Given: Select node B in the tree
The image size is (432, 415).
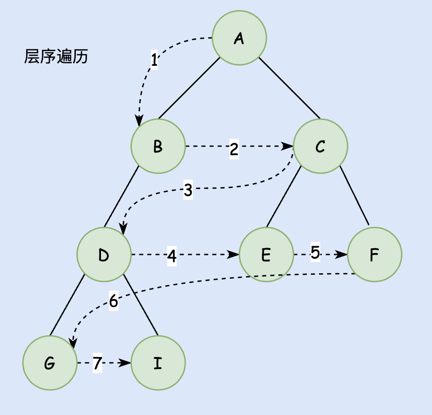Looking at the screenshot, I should (158, 147).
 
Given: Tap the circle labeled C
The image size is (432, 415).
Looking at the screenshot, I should (320, 147).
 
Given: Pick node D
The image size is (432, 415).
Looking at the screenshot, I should (104, 254).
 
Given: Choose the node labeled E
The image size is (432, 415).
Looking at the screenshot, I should (266, 254).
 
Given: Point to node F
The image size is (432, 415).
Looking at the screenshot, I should (374, 254).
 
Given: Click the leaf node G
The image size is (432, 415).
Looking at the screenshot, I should (50, 363).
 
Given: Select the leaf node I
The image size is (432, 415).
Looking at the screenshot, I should (158, 363).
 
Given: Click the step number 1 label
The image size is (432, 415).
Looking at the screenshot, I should (154, 60).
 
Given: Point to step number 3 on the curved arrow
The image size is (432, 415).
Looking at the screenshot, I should (188, 191).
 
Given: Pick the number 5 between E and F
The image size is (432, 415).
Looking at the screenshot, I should (315, 253).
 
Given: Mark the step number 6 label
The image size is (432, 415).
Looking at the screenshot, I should (114, 301).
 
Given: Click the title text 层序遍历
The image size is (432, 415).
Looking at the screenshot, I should (56, 58).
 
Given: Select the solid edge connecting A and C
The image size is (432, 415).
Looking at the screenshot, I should (289, 88).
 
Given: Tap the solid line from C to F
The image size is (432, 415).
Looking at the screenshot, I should (354, 195).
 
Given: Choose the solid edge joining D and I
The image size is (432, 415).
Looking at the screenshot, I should (141, 305).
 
